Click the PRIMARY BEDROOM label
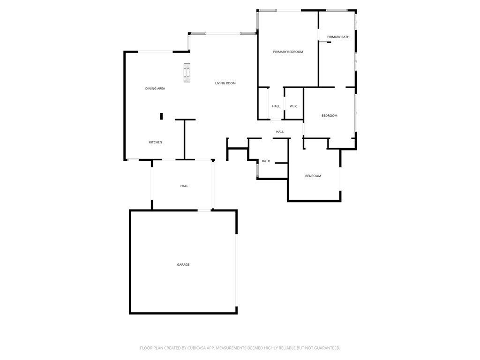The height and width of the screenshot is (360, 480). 288,52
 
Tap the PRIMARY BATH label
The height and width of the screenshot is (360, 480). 338,37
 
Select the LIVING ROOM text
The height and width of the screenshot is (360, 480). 225,83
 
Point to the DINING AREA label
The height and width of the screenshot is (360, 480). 155,89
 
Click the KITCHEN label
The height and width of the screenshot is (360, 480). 156,142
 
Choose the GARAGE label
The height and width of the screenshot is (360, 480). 183,264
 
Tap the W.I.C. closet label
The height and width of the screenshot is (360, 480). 294,106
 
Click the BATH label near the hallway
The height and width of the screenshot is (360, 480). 266,161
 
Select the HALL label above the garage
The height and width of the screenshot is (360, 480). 184,186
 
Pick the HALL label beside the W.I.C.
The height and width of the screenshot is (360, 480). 276,106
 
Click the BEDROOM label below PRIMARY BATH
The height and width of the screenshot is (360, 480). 330,116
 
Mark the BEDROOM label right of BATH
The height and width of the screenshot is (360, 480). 313,176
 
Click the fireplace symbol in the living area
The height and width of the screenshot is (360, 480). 187,73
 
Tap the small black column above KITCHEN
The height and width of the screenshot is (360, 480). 161,116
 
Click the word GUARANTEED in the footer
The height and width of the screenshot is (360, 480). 328,348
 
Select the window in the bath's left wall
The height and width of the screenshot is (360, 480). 258,170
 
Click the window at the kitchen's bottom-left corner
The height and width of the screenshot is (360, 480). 133,160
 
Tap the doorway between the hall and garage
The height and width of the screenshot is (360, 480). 204,210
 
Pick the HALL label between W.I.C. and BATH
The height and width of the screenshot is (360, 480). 280,132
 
